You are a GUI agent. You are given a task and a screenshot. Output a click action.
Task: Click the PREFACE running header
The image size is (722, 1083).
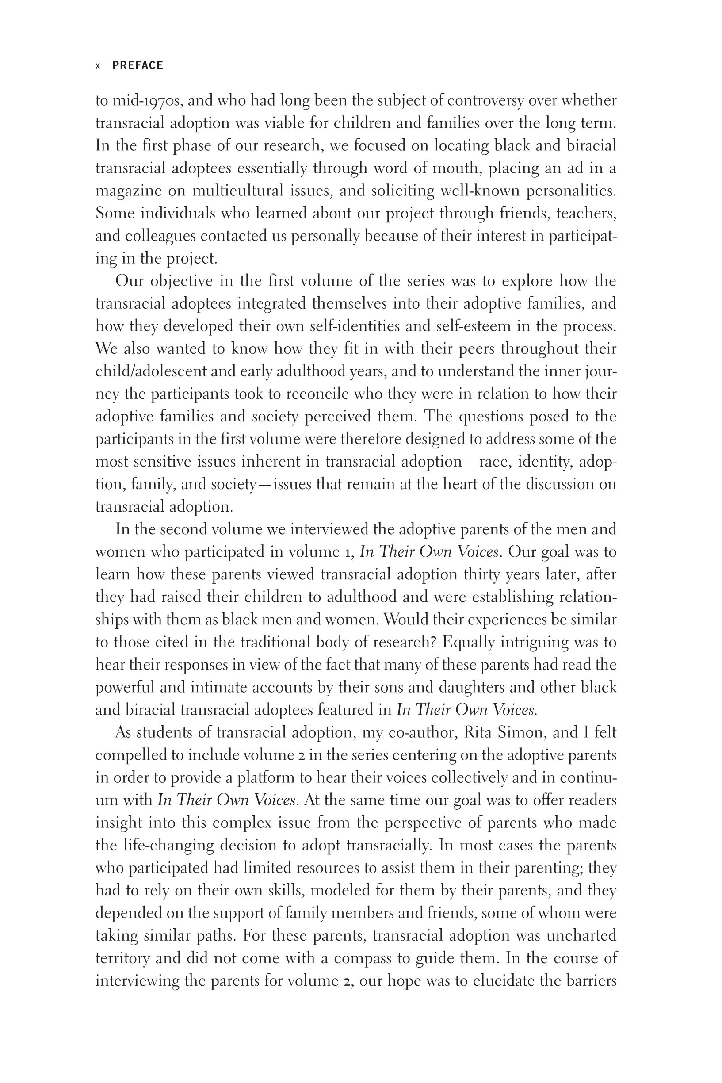pos(138,65)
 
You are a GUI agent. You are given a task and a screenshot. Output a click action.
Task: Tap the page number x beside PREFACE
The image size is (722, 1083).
pos(98,66)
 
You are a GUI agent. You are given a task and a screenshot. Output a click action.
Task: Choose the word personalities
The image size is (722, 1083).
pos(571,191)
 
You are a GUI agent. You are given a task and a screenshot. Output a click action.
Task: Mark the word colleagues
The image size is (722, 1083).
pos(160,236)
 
